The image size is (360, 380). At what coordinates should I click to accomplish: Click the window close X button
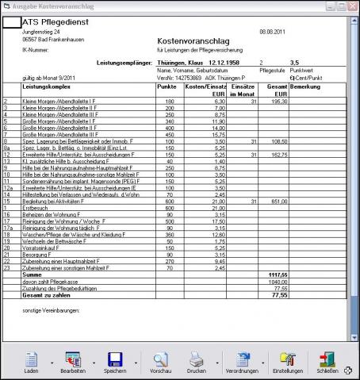click(352, 6)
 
